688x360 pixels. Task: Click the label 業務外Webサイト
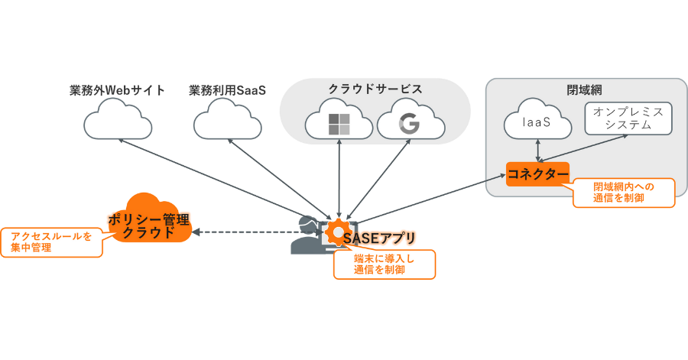click(117, 90)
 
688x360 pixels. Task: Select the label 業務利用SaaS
click(226, 90)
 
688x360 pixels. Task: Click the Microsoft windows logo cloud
click(338, 123)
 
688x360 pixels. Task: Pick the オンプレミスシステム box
click(628, 119)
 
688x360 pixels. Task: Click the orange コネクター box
click(538, 174)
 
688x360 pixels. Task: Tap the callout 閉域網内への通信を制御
click(623, 193)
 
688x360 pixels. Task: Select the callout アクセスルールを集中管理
click(52, 242)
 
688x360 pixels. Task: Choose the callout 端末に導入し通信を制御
click(384, 264)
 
